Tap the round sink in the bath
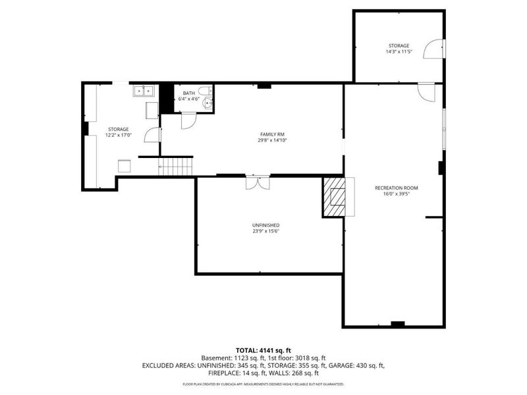coord(208,102)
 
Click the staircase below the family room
coord(176,165)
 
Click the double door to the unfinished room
coord(257,182)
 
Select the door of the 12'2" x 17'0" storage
coord(152,134)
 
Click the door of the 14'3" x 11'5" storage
coord(433,49)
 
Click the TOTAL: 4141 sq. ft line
coord(263,350)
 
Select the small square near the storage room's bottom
coord(123,166)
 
